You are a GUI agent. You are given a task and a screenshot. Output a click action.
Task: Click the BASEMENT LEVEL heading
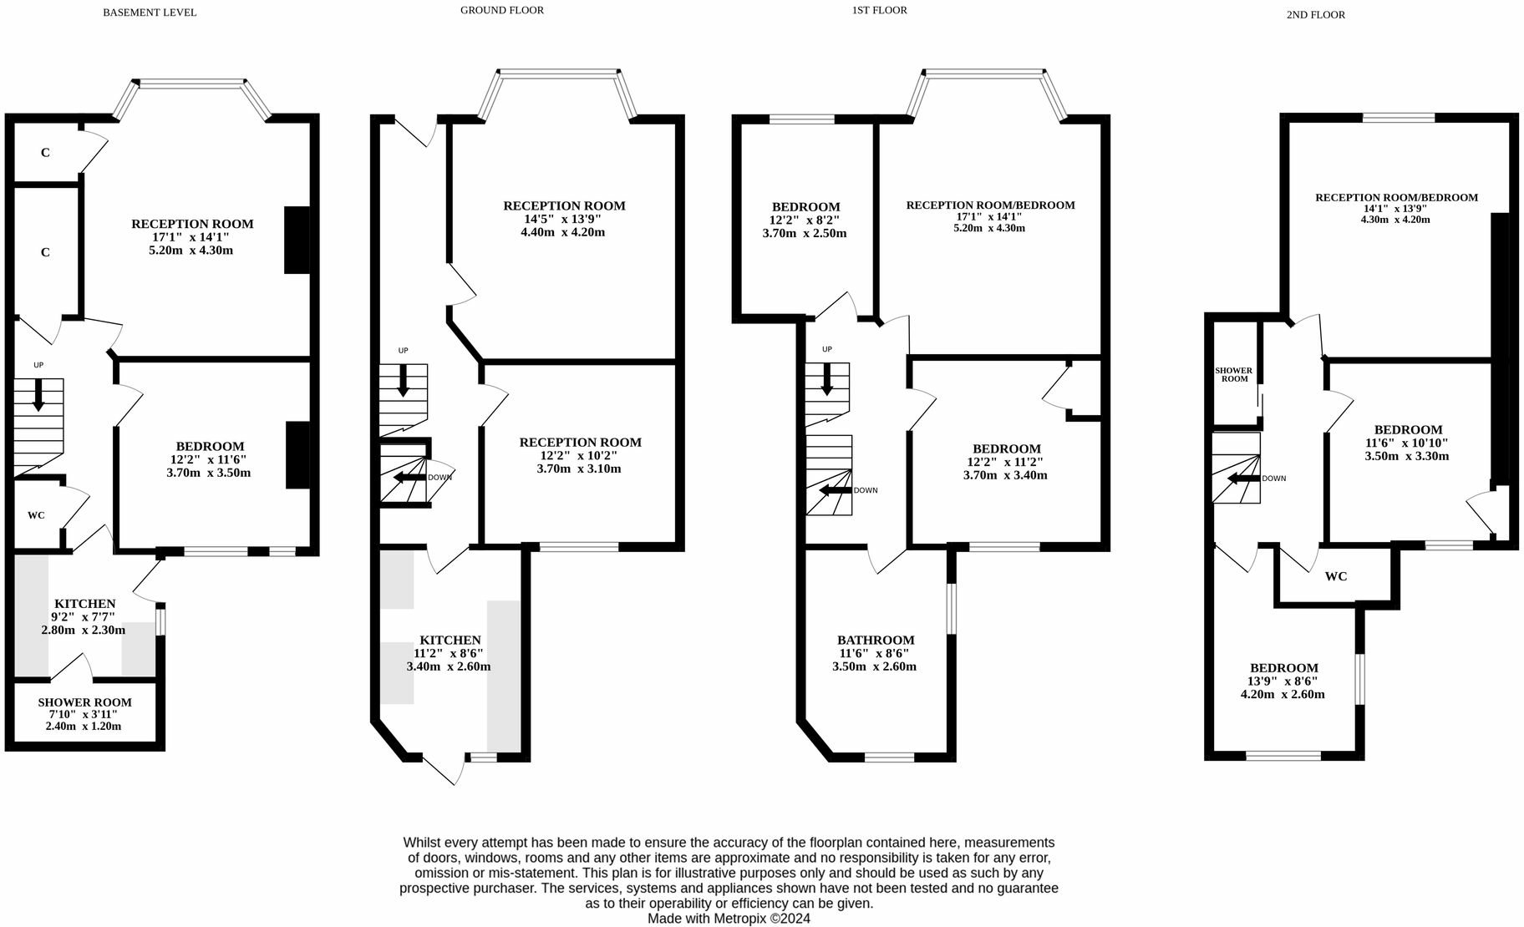[x=150, y=13]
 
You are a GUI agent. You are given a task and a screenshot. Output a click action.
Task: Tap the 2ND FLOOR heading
[x=1316, y=15]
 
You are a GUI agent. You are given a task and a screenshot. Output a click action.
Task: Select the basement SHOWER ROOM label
[x=84, y=702]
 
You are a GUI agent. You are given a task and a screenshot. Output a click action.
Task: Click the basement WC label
[x=36, y=515]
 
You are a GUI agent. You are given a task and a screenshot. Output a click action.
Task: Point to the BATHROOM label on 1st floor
[x=876, y=641]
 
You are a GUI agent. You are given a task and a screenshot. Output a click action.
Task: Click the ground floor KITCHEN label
[x=450, y=641]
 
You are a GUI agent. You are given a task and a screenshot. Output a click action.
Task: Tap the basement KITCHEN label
[x=84, y=604]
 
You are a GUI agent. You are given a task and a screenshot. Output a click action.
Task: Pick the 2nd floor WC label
[x=1336, y=576]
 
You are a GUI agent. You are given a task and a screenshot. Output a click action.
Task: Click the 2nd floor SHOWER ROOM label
[x=1234, y=374]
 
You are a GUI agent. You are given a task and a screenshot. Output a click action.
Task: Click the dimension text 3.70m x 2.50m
[x=805, y=233]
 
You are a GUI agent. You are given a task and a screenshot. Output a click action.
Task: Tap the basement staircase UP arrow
[x=38, y=394]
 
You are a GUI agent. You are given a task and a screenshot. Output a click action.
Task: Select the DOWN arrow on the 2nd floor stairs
[x=1243, y=479]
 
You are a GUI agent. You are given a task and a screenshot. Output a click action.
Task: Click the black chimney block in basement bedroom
[x=297, y=454]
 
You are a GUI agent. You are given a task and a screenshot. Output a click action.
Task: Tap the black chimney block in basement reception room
[x=297, y=240]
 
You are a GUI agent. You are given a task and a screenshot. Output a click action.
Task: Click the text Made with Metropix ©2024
[x=729, y=919]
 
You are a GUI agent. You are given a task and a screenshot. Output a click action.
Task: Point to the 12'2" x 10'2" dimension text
[x=579, y=456]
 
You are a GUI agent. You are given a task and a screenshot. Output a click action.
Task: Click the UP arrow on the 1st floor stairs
[x=827, y=380]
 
